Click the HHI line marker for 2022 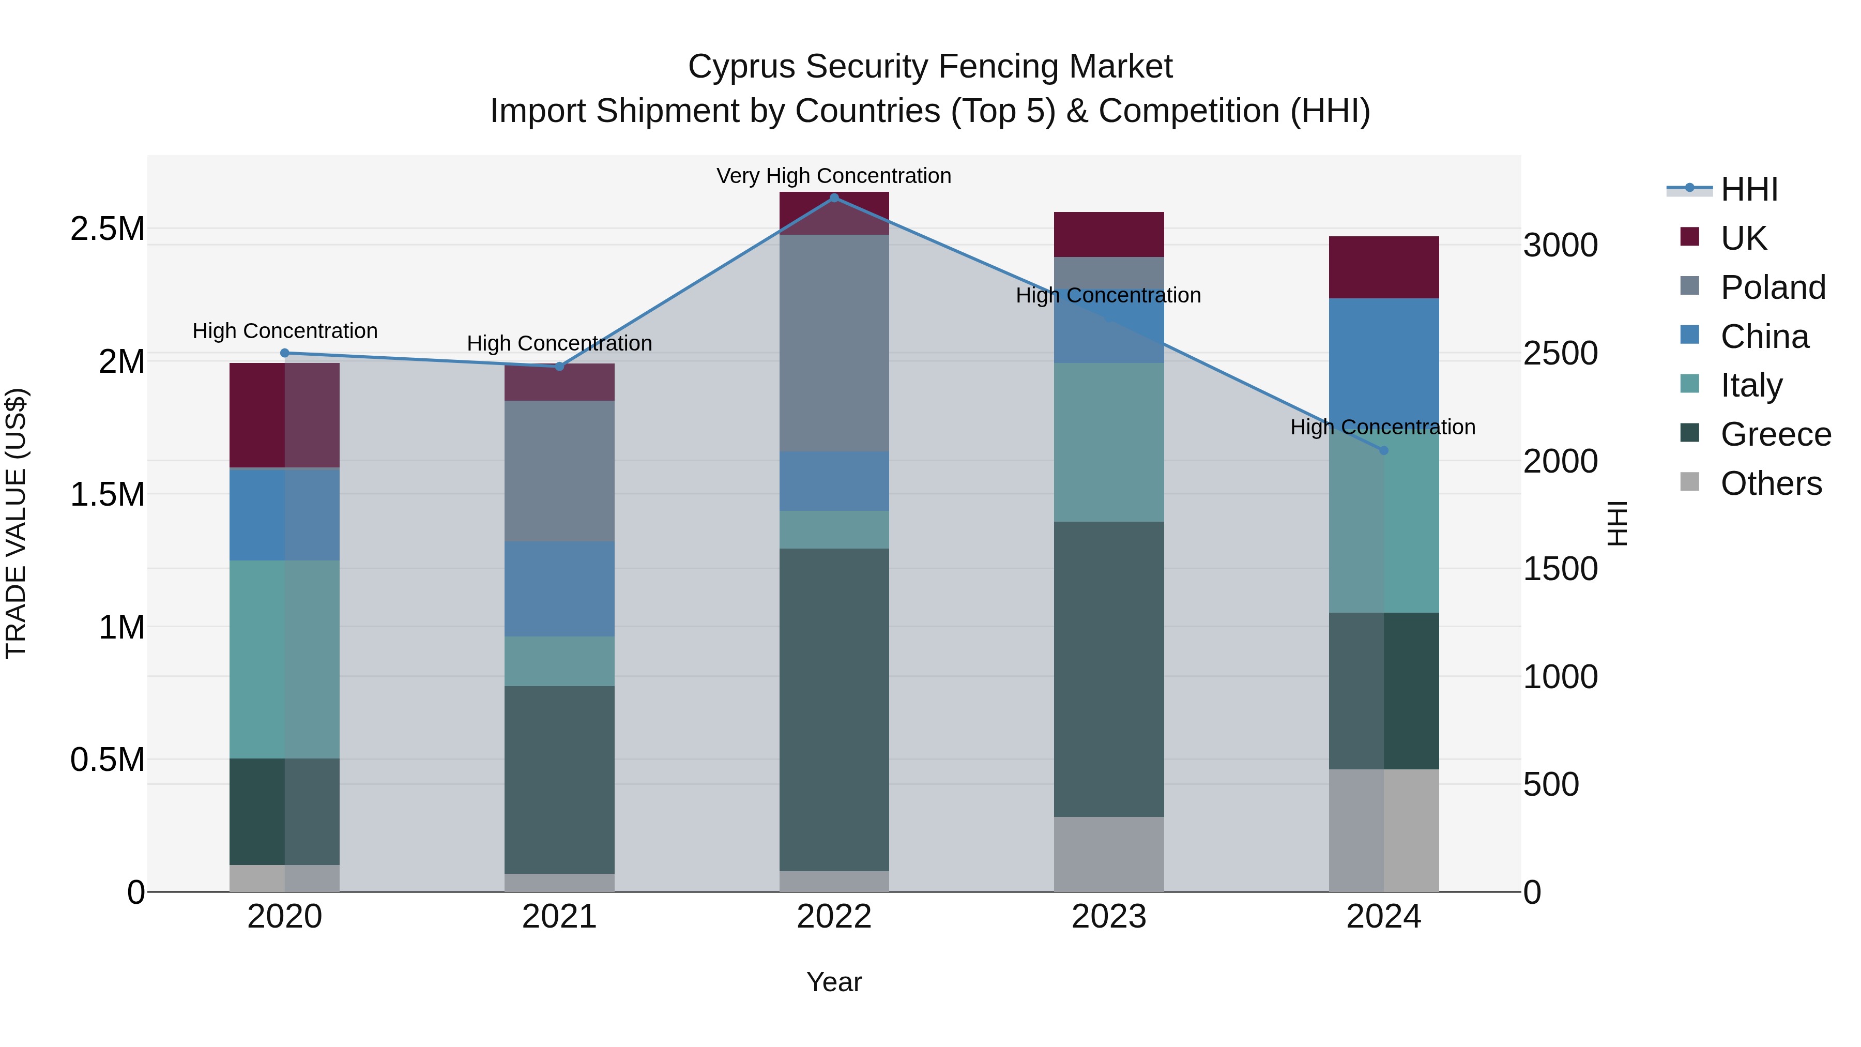click(834, 198)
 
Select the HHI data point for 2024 click(1383, 451)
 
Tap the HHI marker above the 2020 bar click(285, 353)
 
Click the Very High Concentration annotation click(834, 176)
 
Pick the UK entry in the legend click(1743, 238)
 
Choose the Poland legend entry click(1772, 287)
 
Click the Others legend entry click(1770, 483)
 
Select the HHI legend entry click(1748, 189)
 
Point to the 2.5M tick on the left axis click(108, 229)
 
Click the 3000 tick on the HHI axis click(1561, 246)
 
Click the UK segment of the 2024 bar click(1383, 267)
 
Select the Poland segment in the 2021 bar click(559, 471)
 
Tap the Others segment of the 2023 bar click(1109, 854)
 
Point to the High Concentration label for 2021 click(559, 344)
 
